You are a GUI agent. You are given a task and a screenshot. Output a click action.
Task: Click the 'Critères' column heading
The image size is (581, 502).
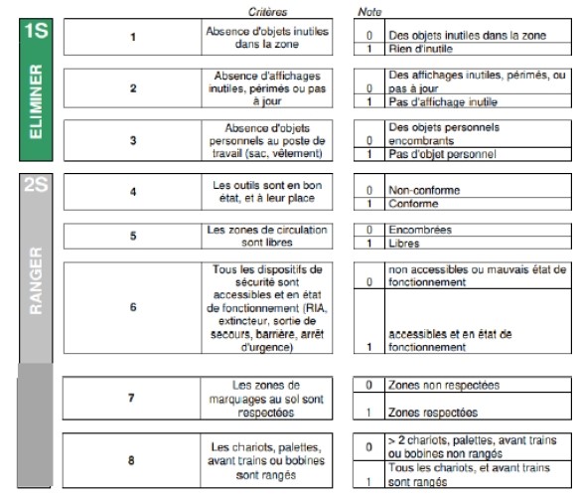click(x=267, y=12)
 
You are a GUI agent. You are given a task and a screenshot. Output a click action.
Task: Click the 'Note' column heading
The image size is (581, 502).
click(x=369, y=12)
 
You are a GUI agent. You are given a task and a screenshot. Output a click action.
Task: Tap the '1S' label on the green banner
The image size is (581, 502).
click(x=36, y=31)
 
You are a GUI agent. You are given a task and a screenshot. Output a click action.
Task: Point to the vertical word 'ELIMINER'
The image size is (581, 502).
click(x=36, y=101)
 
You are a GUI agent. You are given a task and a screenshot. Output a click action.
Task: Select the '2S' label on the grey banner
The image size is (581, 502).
click(x=36, y=184)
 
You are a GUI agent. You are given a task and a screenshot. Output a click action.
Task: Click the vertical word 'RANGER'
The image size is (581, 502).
click(x=36, y=280)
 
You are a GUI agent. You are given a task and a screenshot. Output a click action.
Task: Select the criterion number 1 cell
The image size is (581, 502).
click(x=133, y=37)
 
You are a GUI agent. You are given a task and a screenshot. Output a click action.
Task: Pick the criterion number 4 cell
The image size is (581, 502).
click(x=133, y=192)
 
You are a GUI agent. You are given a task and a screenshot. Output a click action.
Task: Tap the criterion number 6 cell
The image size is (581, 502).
click(x=133, y=307)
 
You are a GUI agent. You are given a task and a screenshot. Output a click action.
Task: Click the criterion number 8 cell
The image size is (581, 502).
click(x=131, y=460)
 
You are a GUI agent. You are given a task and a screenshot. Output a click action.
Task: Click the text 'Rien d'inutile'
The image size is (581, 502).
click(x=420, y=49)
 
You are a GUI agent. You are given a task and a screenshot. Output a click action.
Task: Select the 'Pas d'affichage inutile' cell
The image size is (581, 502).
click(x=478, y=101)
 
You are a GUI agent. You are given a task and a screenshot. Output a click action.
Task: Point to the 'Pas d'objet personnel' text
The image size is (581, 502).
click(x=442, y=154)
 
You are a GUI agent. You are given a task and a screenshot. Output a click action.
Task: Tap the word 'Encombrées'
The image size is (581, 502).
click(x=420, y=230)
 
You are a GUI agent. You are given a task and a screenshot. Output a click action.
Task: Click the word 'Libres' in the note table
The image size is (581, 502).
click(x=404, y=244)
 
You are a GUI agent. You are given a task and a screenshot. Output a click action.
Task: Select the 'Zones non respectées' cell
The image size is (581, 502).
click(x=478, y=385)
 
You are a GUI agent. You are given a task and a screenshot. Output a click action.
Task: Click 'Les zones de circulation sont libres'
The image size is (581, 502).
click(x=267, y=236)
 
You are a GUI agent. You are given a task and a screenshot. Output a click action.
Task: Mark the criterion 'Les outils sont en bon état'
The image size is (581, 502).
click(x=267, y=192)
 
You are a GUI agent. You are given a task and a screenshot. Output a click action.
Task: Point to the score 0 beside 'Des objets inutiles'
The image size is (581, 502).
click(x=369, y=36)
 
